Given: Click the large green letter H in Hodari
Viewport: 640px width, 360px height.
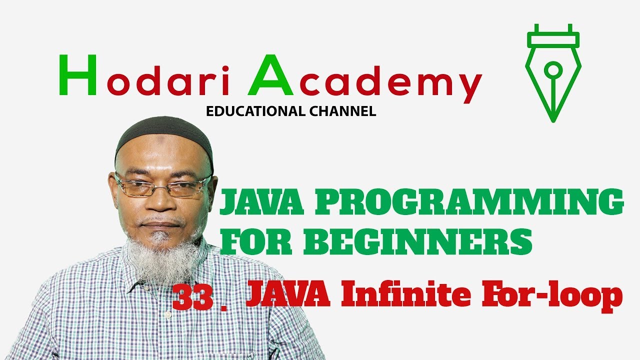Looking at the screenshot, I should (x=77, y=75).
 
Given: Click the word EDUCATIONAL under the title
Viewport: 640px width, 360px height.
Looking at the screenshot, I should (x=253, y=111).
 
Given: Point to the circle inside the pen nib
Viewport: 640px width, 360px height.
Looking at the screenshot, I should (x=553, y=69).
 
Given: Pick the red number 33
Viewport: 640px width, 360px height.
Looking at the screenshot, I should (x=192, y=298).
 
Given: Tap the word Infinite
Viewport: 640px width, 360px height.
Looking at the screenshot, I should (x=404, y=296).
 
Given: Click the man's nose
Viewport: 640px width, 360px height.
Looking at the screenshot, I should (x=160, y=202).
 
